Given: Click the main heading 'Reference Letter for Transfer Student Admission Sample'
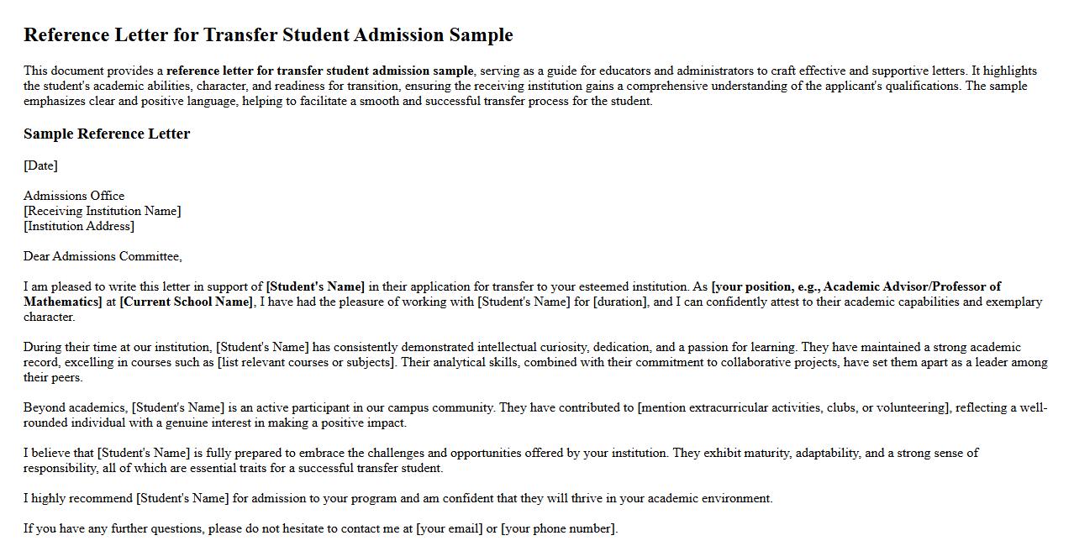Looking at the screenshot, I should click(x=268, y=35).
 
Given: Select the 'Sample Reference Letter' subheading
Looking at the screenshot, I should click(x=107, y=134).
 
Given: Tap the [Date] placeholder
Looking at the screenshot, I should click(x=40, y=165).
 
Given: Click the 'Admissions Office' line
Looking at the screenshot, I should click(x=74, y=196).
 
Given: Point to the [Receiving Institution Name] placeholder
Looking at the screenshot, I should click(x=102, y=211).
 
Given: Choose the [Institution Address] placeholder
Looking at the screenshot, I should click(x=79, y=226).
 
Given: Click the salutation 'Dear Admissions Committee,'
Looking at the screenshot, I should click(x=103, y=256).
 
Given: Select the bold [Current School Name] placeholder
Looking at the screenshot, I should click(x=186, y=302).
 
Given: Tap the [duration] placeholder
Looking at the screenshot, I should click(x=620, y=302).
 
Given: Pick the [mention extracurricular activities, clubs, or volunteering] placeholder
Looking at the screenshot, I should click(x=794, y=407).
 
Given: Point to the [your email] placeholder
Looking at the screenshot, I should click(x=449, y=528).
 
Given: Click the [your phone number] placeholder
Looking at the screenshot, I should click(x=559, y=528).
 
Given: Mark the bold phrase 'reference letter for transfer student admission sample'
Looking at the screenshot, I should click(x=320, y=71).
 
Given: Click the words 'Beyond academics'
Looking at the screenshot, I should click(x=74, y=407).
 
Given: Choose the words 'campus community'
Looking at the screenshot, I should click(x=444, y=407).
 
